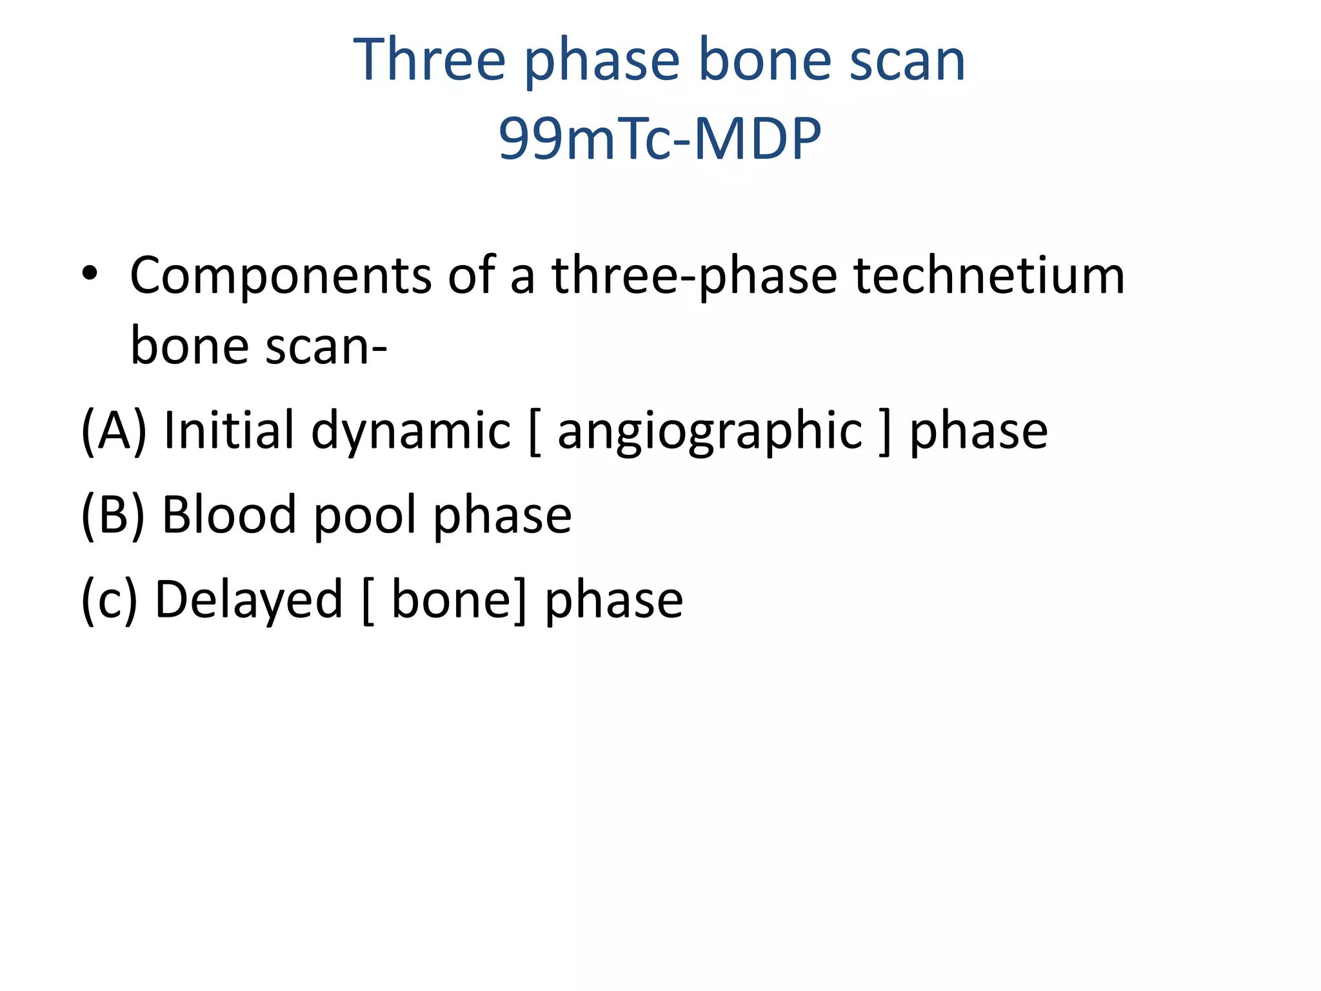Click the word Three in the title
pyautogui.click(x=429, y=59)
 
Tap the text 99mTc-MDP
pyautogui.click(x=660, y=138)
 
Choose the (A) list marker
pyautogui.click(x=114, y=430)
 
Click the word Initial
pyautogui.click(x=229, y=430)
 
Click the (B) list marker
pyautogui.click(x=113, y=515)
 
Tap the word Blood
pyautogui.click(x=229, y=515)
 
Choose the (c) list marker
pyautogui.click(x=109, y=600)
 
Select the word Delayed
pyautogui.click(x=249, y=600)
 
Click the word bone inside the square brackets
pyautogui.click(x=451, y=600)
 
